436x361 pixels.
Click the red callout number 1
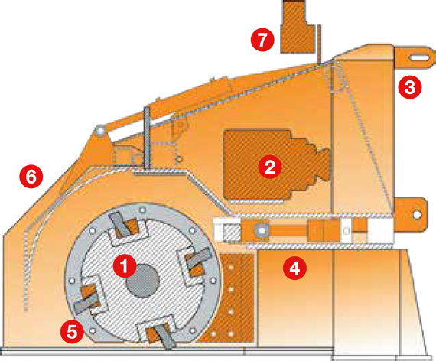(x=125, y=266)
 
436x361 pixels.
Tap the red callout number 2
(x=270, y=167)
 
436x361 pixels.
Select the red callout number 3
(x=409, y=87)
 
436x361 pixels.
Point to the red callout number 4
(x=294, y=268)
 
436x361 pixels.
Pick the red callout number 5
(x=73, y=331)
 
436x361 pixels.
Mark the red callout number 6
(x=31, y=177)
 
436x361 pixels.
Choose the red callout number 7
(x=262, y=40)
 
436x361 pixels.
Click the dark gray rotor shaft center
(x=142, y=280)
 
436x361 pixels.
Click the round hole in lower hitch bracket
(x=416, y=214)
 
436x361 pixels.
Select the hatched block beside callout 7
(x=298, y=27)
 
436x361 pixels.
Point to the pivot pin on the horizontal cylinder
(x=262, y=230)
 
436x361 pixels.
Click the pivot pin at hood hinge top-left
(x=100, y=130)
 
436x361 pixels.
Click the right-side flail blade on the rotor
(x=199, y=259)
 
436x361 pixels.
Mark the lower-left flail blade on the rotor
(x=86, y=302)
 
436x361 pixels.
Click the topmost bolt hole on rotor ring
(x=142, y=210)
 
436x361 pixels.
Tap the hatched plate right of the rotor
(x=226, y=298)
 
